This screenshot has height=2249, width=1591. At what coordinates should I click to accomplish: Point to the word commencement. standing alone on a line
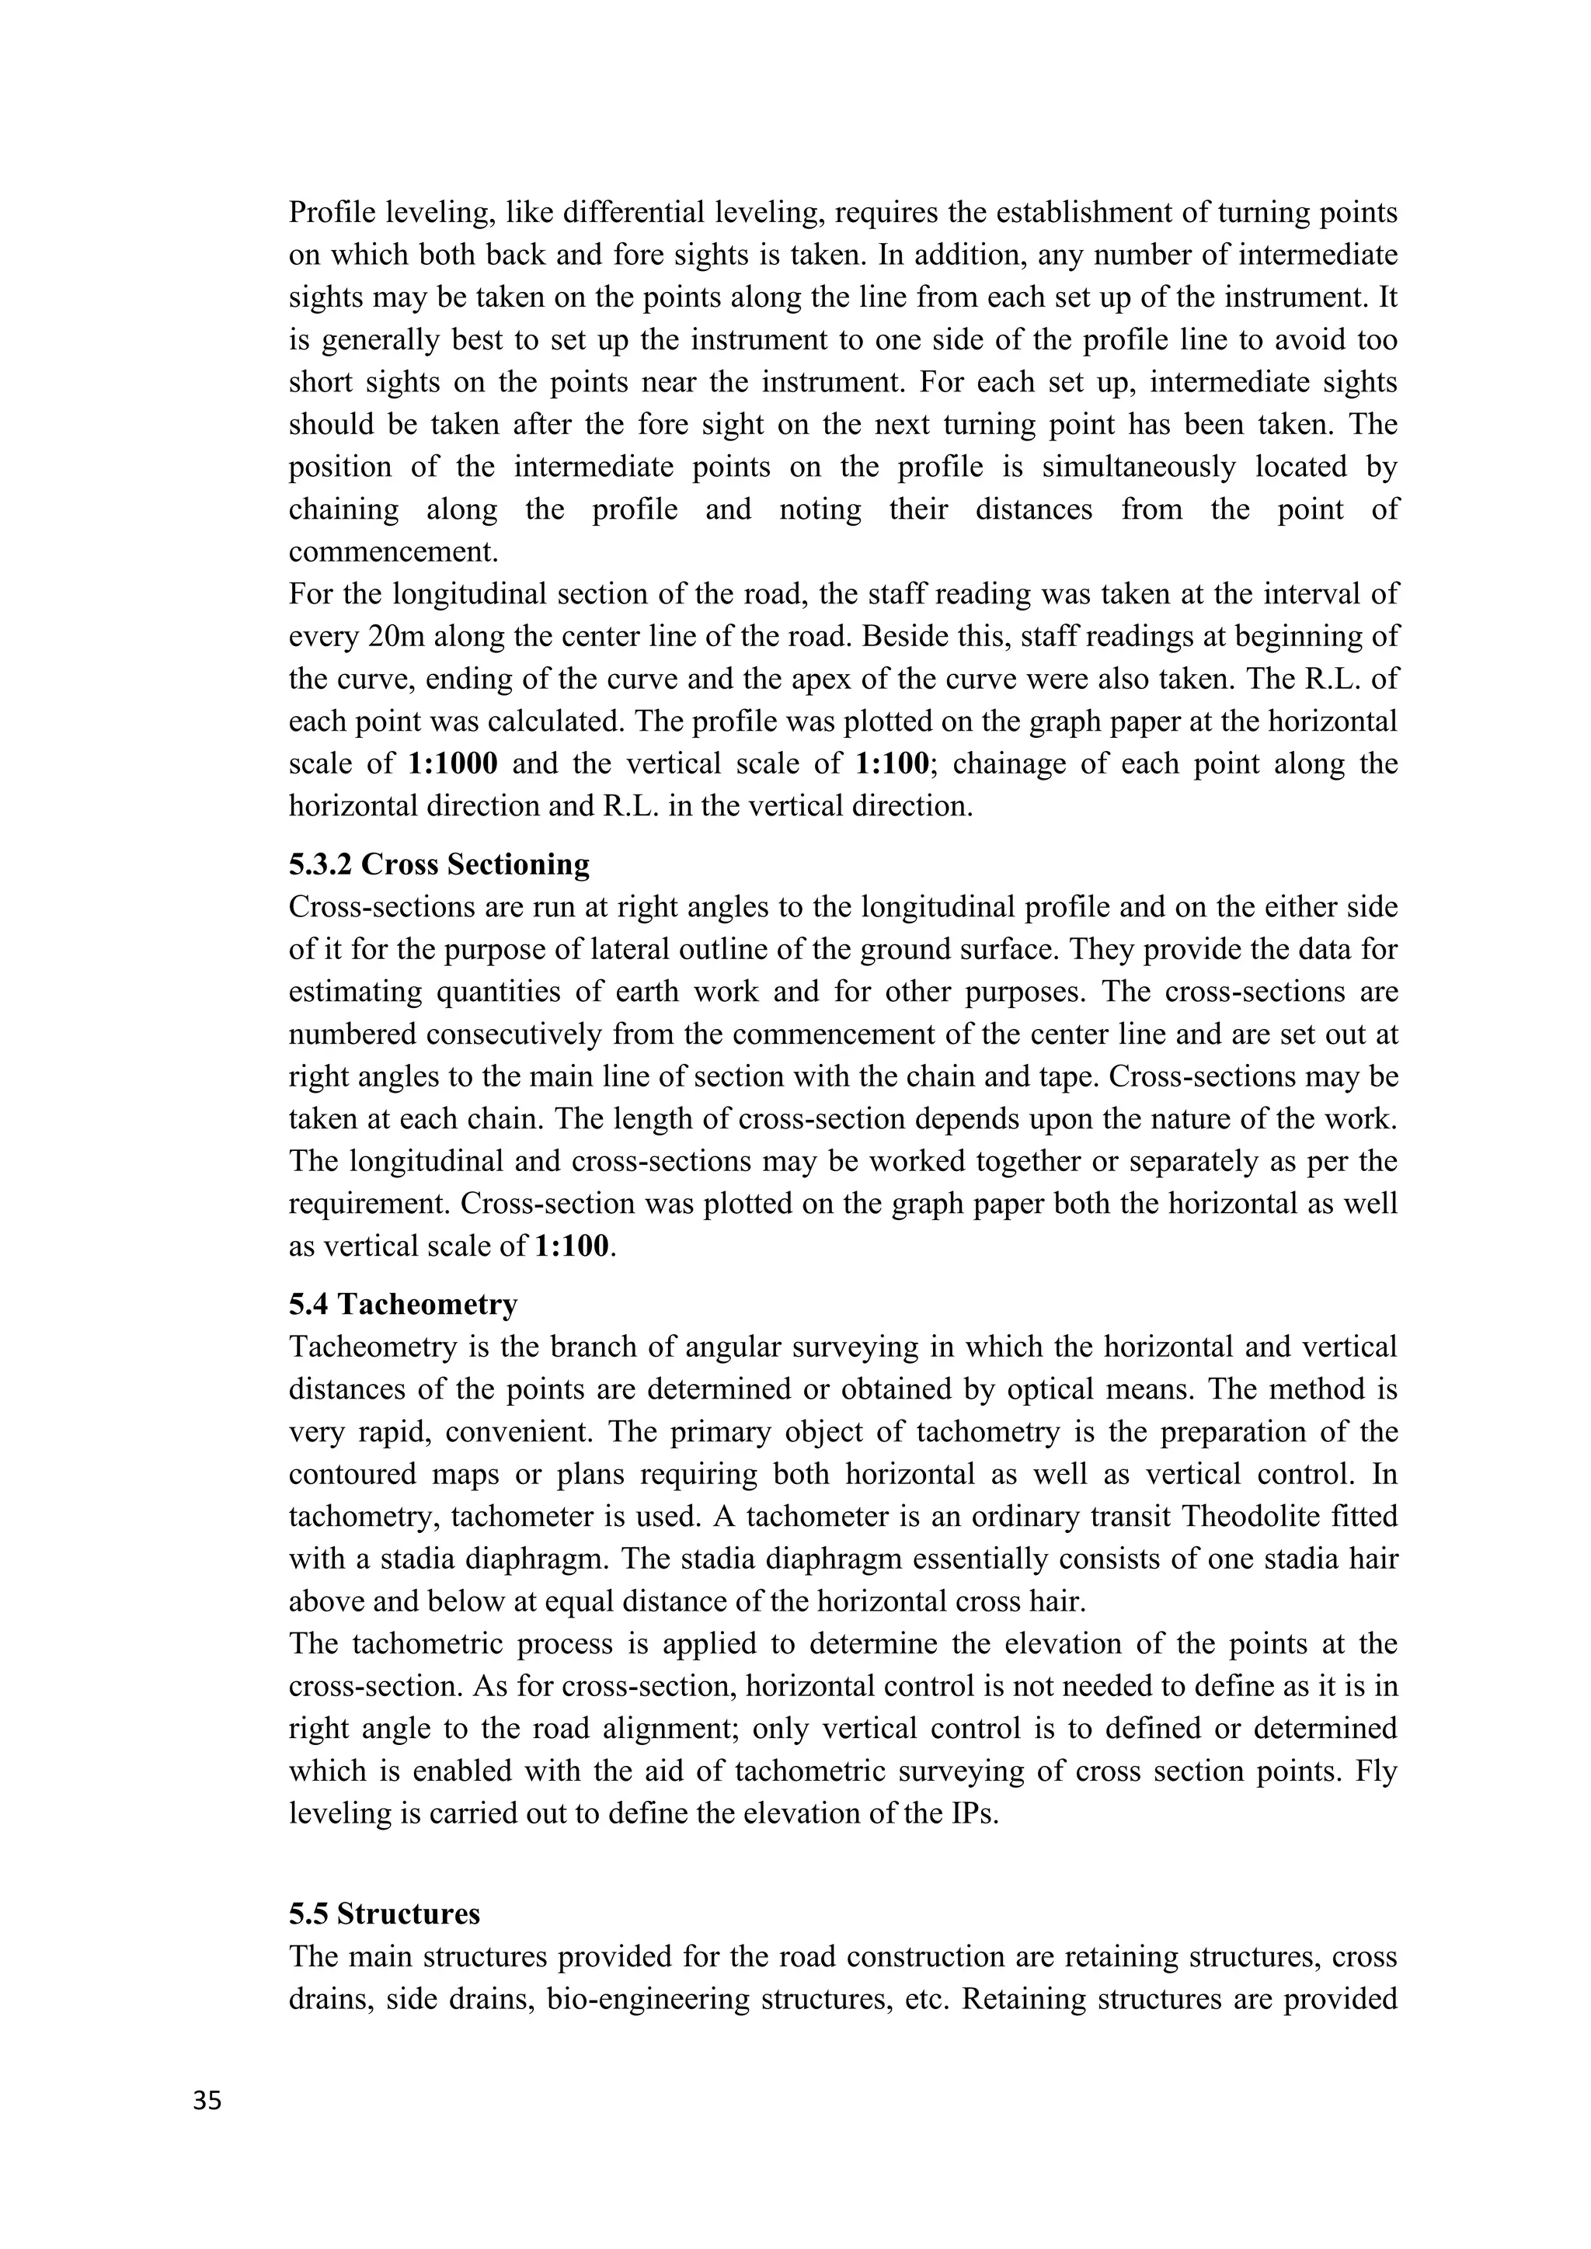click(394, 551)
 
